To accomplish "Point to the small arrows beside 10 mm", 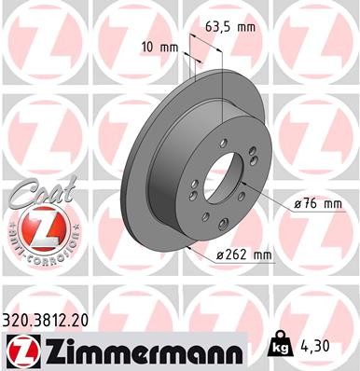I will pos(188,58).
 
